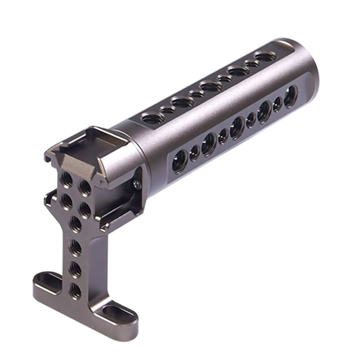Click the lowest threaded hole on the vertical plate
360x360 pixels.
coord(75,290)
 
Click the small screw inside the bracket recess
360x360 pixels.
coord(136,184)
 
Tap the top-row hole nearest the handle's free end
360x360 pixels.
coord(265,57)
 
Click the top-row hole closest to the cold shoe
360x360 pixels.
coord(152,117)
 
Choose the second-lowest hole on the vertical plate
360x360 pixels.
coord(75,269)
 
